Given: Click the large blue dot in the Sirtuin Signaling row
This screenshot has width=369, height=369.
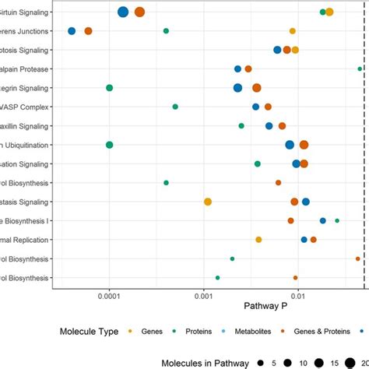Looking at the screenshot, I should pos(123,12).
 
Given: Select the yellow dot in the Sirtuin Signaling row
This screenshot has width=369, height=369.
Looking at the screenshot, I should pos(329,12).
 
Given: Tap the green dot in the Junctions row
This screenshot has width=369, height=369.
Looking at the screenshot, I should pos(166,31).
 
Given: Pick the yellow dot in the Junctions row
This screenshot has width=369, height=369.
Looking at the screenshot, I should pos(293,31).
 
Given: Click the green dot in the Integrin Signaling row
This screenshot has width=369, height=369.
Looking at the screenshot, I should pos(110,88).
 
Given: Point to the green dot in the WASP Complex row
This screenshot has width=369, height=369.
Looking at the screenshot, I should pos(175,107).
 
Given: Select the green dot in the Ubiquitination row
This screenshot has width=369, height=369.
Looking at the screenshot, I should pos(110,145).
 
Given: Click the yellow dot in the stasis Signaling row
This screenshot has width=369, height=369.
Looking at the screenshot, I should pos(208,202).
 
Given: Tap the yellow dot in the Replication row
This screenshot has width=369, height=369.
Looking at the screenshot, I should pos(258,240).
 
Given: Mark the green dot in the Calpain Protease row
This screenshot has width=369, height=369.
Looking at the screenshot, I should pos(360,69).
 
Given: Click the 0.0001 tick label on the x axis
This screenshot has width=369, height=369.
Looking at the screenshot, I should pos(109,297).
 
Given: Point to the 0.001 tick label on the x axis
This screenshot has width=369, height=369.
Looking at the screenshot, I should pos(203,297).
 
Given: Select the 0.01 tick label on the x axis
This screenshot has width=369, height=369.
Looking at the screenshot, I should pos(297,297).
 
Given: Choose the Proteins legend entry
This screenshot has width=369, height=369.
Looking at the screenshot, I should pos(209,332).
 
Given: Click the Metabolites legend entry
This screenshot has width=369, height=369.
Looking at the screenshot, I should pos(270,332).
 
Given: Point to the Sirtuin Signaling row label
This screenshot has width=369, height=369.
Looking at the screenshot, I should pos(23,12).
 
